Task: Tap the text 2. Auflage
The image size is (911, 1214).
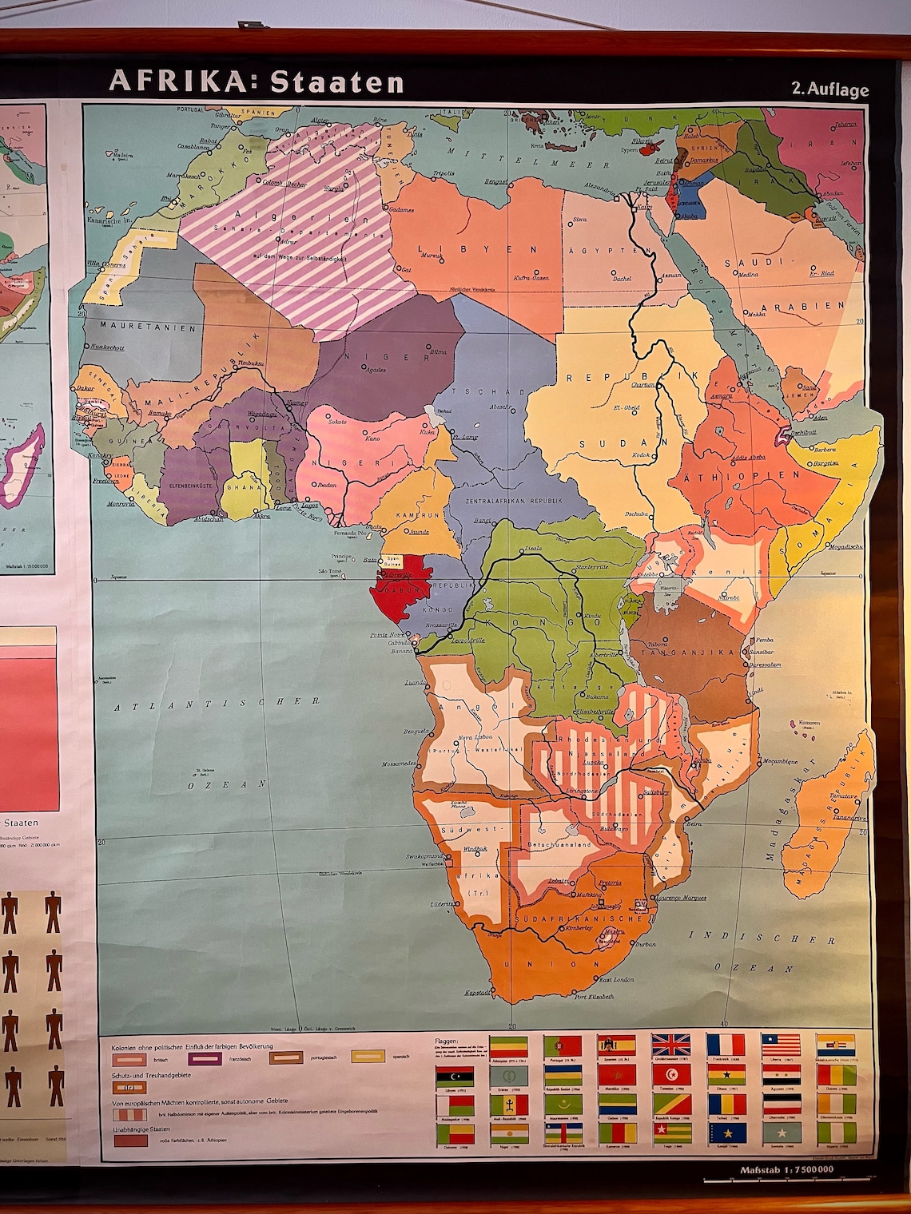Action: point(829,89)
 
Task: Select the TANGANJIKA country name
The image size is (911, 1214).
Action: point(687,652)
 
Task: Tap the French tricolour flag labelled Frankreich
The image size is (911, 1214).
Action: point(725,1045)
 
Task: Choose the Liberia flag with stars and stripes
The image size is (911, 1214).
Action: point(779,1045)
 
